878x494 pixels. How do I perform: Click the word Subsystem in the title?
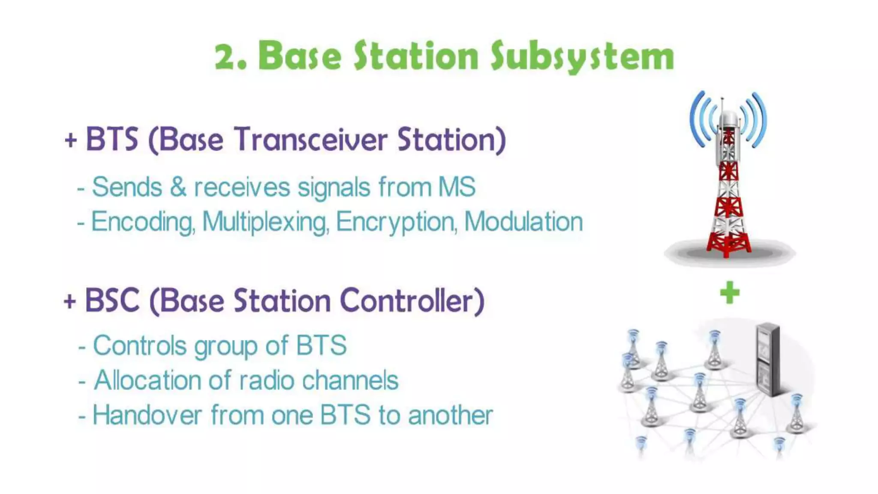pos(582,57)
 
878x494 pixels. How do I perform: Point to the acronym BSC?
pos(112,300)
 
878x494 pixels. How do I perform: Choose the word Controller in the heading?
pos(412,300)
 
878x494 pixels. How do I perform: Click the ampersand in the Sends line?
pos(178,187)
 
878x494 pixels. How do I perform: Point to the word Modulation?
pos(523,222)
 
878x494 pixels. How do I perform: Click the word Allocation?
pos(147,380)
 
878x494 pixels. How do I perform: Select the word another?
pos(451,415)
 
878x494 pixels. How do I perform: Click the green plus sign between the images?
pos(730,292)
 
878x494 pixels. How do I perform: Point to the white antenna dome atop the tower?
pos(728,117)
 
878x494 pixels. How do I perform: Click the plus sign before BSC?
pos(70,301)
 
